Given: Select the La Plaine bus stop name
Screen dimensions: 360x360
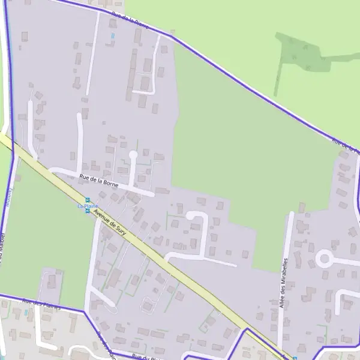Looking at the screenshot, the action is click(x=88, y=206).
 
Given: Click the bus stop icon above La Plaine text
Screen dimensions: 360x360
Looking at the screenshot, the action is click(x=88, y=200).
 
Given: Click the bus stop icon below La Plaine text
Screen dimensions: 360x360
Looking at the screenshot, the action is click(x=88, y=211).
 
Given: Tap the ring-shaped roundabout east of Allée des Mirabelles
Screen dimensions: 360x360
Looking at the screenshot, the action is click(x=324, y=259).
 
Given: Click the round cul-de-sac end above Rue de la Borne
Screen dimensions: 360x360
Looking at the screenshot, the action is click(x=133, y=155).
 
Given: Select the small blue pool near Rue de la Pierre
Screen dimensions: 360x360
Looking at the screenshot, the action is click(x=112, y=37).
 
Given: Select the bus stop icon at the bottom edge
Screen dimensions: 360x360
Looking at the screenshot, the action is click(x=294, y=358).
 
